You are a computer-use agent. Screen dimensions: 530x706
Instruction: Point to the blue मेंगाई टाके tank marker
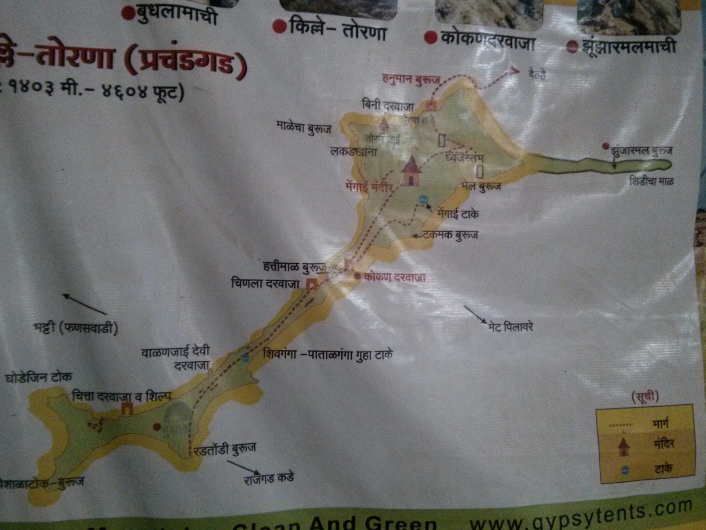[x=424, y=200]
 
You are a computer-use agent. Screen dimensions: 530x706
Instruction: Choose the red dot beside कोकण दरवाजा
[x=358, y=276]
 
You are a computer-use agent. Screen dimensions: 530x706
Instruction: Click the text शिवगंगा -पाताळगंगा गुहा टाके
[x=327, y=355]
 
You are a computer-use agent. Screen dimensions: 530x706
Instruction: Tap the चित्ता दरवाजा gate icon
[x=127, y=409]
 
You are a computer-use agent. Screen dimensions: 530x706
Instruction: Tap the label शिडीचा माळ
[x=652, y=182]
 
